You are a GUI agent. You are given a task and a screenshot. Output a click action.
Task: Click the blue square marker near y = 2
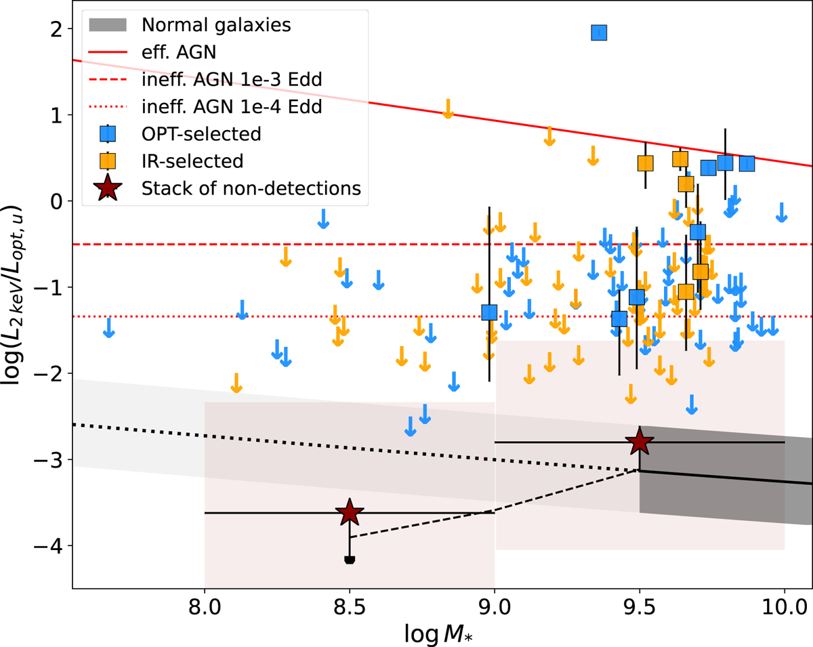click(599, 33)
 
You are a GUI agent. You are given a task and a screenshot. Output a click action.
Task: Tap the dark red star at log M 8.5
click(350, 513)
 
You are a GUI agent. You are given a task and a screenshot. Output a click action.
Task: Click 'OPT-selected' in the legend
click(201, 133)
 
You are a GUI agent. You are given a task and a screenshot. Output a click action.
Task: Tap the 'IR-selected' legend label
click(192, 161)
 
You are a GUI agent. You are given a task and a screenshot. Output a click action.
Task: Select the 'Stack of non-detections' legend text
click(251, 188)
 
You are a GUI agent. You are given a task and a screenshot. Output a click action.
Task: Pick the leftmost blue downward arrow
click(108, 328)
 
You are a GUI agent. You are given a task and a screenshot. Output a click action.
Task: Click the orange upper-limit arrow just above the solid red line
click(448, 108)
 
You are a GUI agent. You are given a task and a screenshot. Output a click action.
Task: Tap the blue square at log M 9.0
click(489, 312)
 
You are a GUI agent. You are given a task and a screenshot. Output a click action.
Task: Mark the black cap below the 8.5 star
click(350, 560)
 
